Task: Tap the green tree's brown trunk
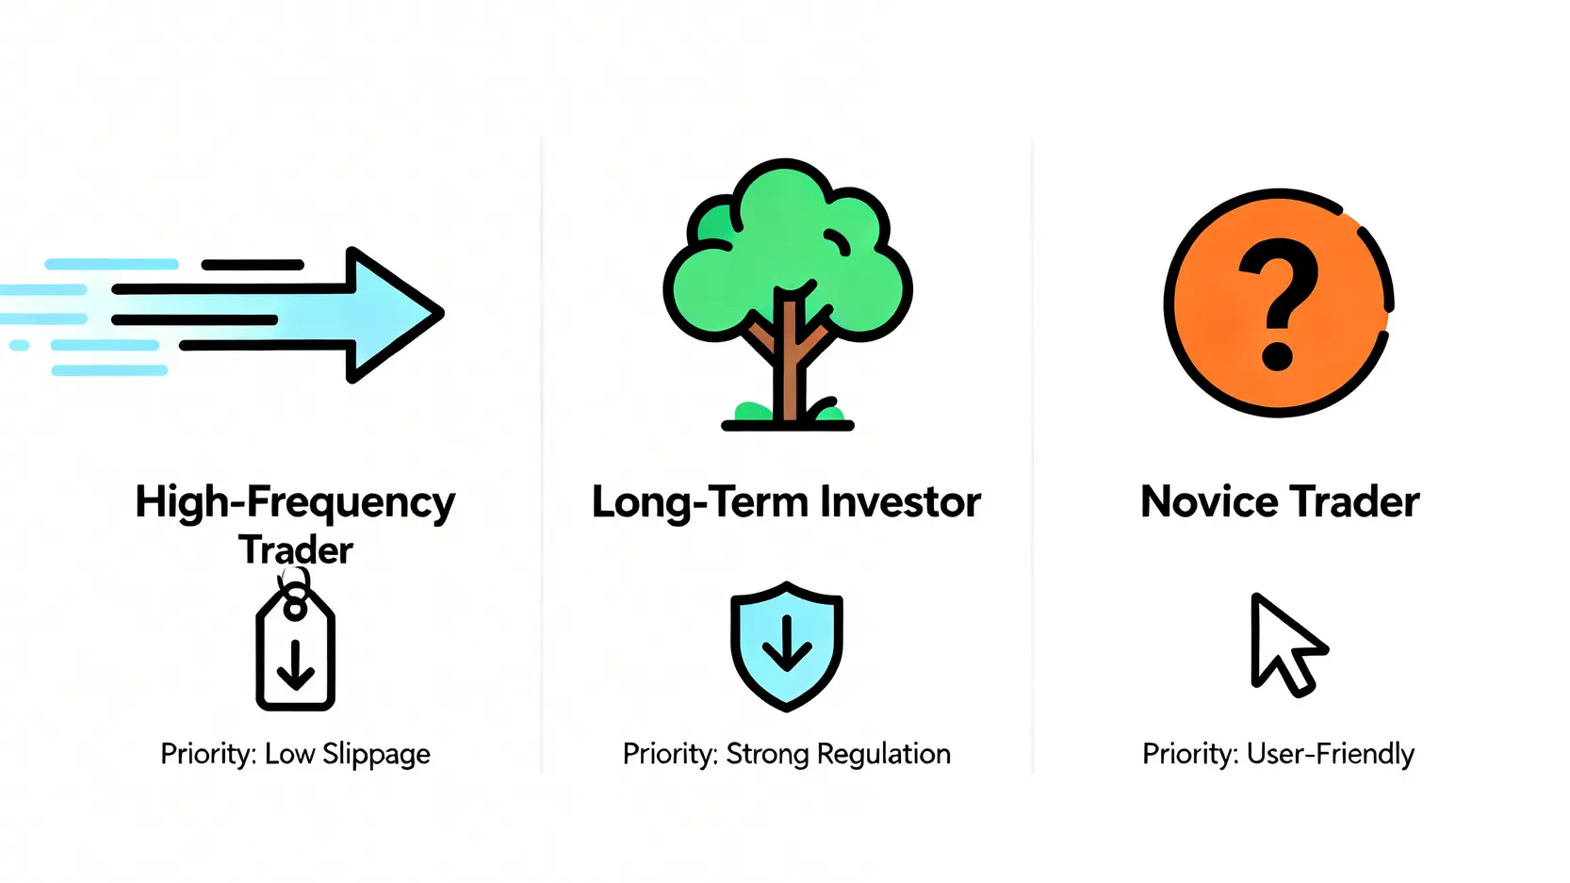[789, 357]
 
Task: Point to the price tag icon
[295, 645]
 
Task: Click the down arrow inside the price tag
[295, 664]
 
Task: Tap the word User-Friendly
[1331, 755]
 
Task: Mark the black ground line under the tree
[788, 425]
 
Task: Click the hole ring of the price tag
[295, 608]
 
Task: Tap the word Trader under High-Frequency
[295, 549]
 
